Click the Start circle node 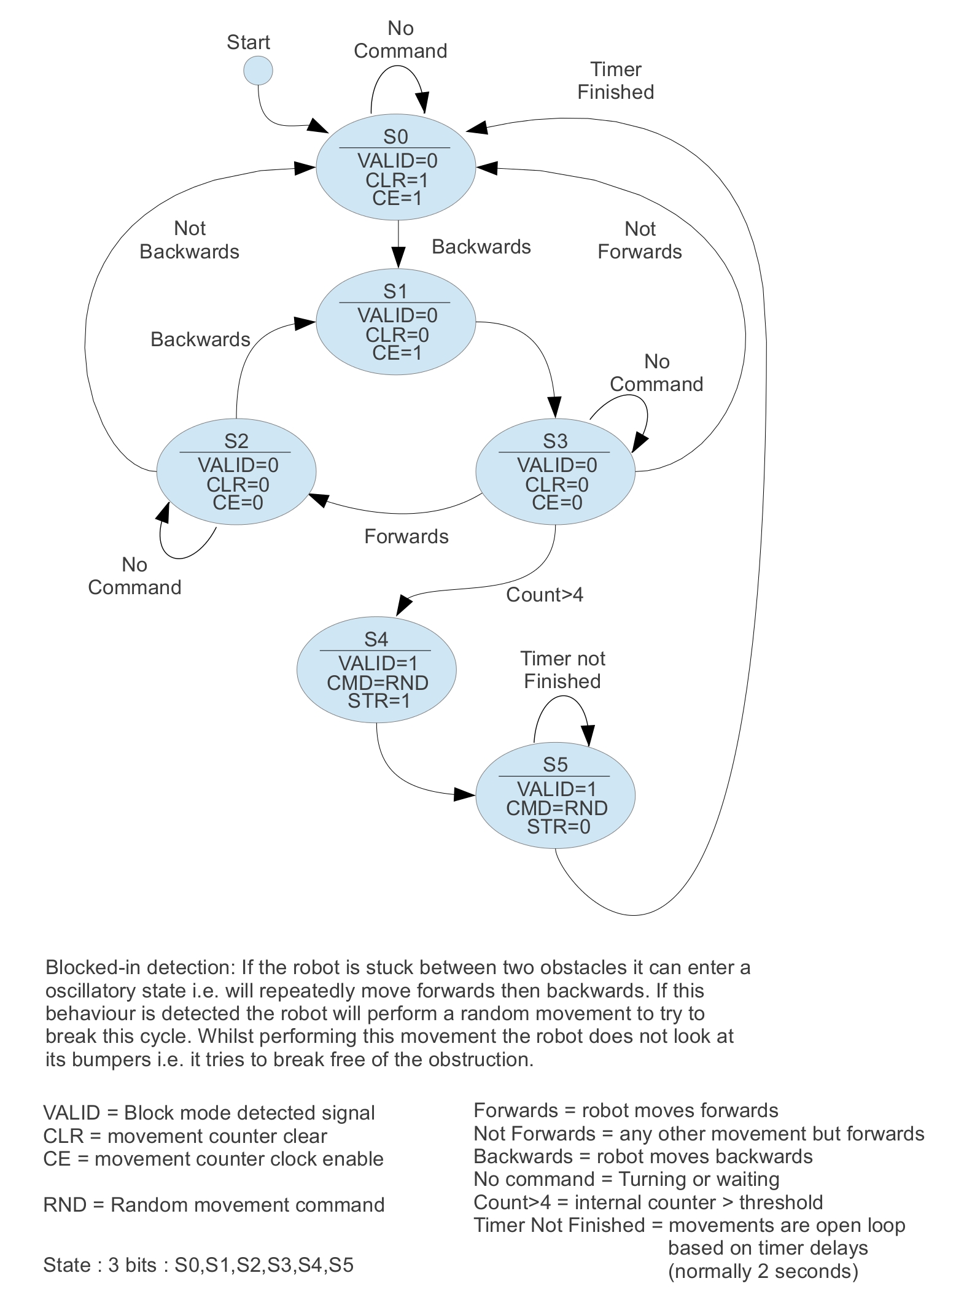pyautogui.click(x=258, y=71)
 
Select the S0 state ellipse pyautogui.click(x=395, y=166)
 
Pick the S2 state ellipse pyautogui.click(x=236, y=471)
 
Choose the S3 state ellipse pyautogui.click(x=555, y=471)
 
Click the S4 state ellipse pyautogui.click(x=376, y=670)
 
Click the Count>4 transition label pyautogui.click(x=544, y=595)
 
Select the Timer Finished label pyautogui.click(x=615, y=80)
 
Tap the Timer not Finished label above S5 pyautogui.click(x=562, y=670)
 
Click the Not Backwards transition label pyautogui.click(x=189, y=240)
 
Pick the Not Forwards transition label pyautogui.click(x=640, y=240)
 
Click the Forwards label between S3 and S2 pyautogui.click(x=406, y=536)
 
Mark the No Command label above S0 pyautogui.click(x=400, y=39)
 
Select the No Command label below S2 pyautogui.click(x=134, y=576)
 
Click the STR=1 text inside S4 pyautogui.click(x=378, y=700)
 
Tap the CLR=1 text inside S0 pyautogui.click(x=397, y=180)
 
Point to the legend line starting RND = pyautogui.click(x=214, y=1205)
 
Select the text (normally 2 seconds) pyautogui.click(x=763, y=1271)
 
